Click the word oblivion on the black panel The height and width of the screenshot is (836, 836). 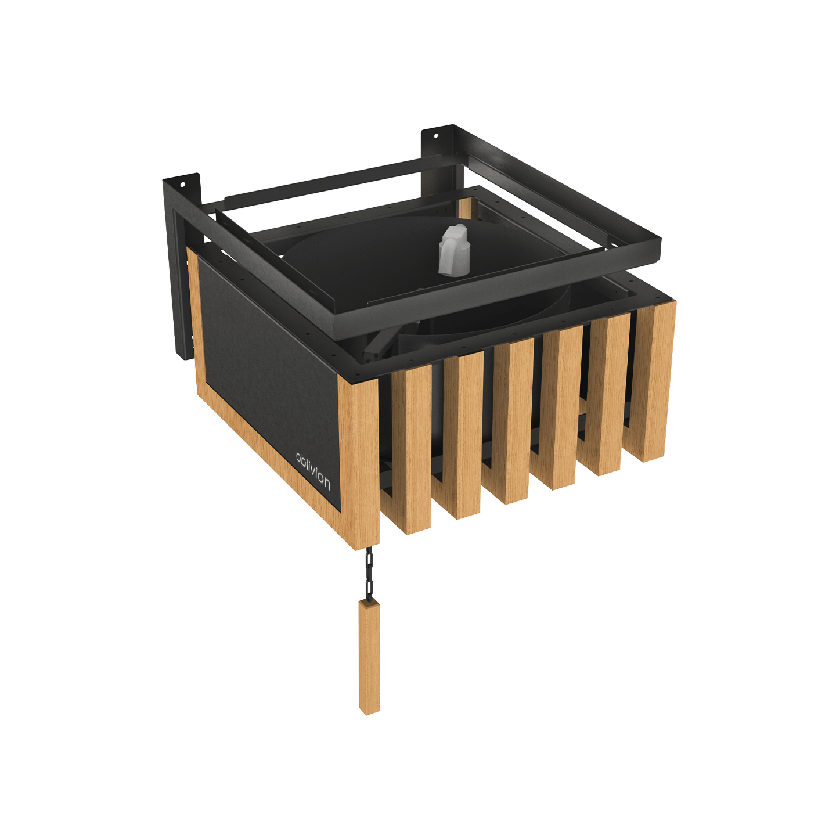tap(313, 472)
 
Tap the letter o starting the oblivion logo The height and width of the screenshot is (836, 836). tap(298, 457)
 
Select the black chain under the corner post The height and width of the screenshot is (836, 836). tap(369, 574)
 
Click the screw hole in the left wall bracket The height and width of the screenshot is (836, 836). tap(183, 185)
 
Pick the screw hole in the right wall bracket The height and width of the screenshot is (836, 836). tap(437, 136)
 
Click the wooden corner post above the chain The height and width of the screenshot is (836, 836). tap(359, 460)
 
